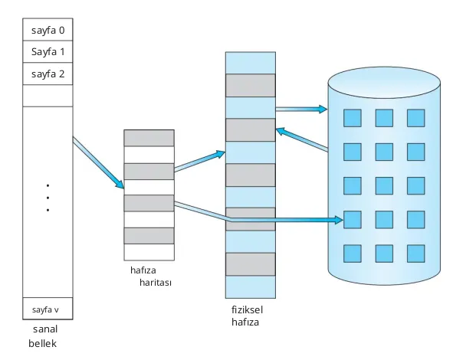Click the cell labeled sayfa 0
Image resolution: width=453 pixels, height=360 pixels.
tap(48, 31)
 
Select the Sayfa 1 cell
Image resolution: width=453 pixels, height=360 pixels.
tap(48, 53)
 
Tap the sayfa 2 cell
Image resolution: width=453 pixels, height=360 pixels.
tap(48, 74)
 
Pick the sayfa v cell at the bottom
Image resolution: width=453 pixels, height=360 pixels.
tap(48, 309)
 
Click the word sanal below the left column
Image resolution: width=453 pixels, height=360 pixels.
tap(46, 329)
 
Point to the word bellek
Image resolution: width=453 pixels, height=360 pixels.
tap(43, 343)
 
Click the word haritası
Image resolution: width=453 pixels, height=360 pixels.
tap(156, 283)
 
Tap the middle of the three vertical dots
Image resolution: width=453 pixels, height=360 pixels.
tap(48, 198)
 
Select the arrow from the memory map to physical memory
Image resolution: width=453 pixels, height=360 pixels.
tap(199, 161)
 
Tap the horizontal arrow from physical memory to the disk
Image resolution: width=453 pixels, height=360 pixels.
tap(300, 109)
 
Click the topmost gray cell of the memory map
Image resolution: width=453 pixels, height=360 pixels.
tap(149, 138)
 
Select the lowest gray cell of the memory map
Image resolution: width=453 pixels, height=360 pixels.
tap(149, 235)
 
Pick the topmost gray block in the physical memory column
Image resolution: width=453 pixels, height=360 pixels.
tap(250, 85)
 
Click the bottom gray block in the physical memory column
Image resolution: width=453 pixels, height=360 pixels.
tap(250, 263)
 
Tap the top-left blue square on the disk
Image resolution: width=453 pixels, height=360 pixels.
tap(352, 118)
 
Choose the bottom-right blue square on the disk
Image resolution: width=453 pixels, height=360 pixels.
tap(415, 253)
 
